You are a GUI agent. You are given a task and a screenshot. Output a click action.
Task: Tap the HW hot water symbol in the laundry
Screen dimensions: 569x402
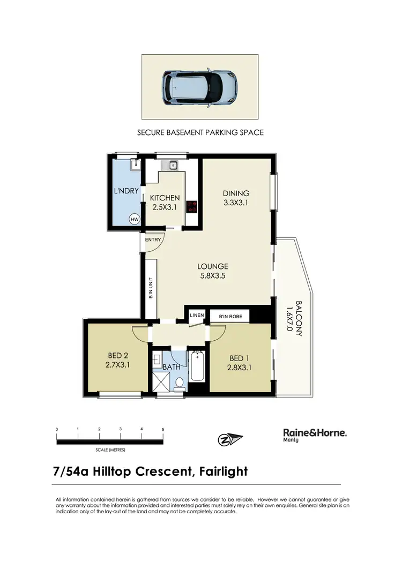click(134, 219)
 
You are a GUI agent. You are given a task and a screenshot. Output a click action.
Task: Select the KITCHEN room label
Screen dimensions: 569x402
click(165, 198)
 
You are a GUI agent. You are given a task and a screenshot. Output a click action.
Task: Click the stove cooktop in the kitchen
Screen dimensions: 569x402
click(191, 206)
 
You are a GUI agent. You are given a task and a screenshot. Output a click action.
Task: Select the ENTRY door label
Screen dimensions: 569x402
click(153, 239)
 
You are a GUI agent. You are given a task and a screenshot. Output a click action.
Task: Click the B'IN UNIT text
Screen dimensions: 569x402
click(151, 288)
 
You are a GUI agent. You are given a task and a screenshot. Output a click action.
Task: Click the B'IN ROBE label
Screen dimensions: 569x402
click(230, 316)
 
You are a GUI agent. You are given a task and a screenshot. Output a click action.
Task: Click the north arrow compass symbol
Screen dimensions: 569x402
click(230, 439)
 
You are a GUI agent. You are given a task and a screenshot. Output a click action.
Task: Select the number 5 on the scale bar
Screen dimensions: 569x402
click(163, 430)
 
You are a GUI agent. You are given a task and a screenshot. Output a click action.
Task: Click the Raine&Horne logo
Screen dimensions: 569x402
click(314, 434)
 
